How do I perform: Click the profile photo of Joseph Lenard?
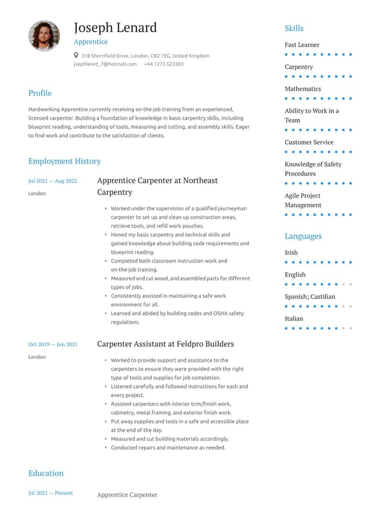[x=44, y=35]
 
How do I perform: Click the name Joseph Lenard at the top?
[x=115, y=28]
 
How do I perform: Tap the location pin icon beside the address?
[x=76, y=55]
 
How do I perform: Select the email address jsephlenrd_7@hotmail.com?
[x=105, y=64]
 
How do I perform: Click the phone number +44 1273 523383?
[x=164, y=64]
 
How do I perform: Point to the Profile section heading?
[x=40, y=93]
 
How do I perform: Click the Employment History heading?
[x=64, y=161]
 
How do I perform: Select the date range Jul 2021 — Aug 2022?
[x=52, y=181]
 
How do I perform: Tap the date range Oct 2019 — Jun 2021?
[x=53, y=344]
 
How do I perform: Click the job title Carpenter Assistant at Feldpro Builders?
[x=165, y=344]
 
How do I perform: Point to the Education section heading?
[x=46, y=473]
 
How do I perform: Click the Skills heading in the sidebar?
[x=294, y=28]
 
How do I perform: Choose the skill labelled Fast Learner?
[x=302, y=45]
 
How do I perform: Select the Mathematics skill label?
[x=303, y=89]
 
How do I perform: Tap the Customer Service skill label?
[x=309, y=142]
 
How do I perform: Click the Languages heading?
[x=303, y=236]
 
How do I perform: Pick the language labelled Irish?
[x=292, y=253]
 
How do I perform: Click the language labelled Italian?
[x=294, y=319]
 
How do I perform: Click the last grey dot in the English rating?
[x=351, y=284]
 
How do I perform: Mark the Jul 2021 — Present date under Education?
[x=50, y=493]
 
